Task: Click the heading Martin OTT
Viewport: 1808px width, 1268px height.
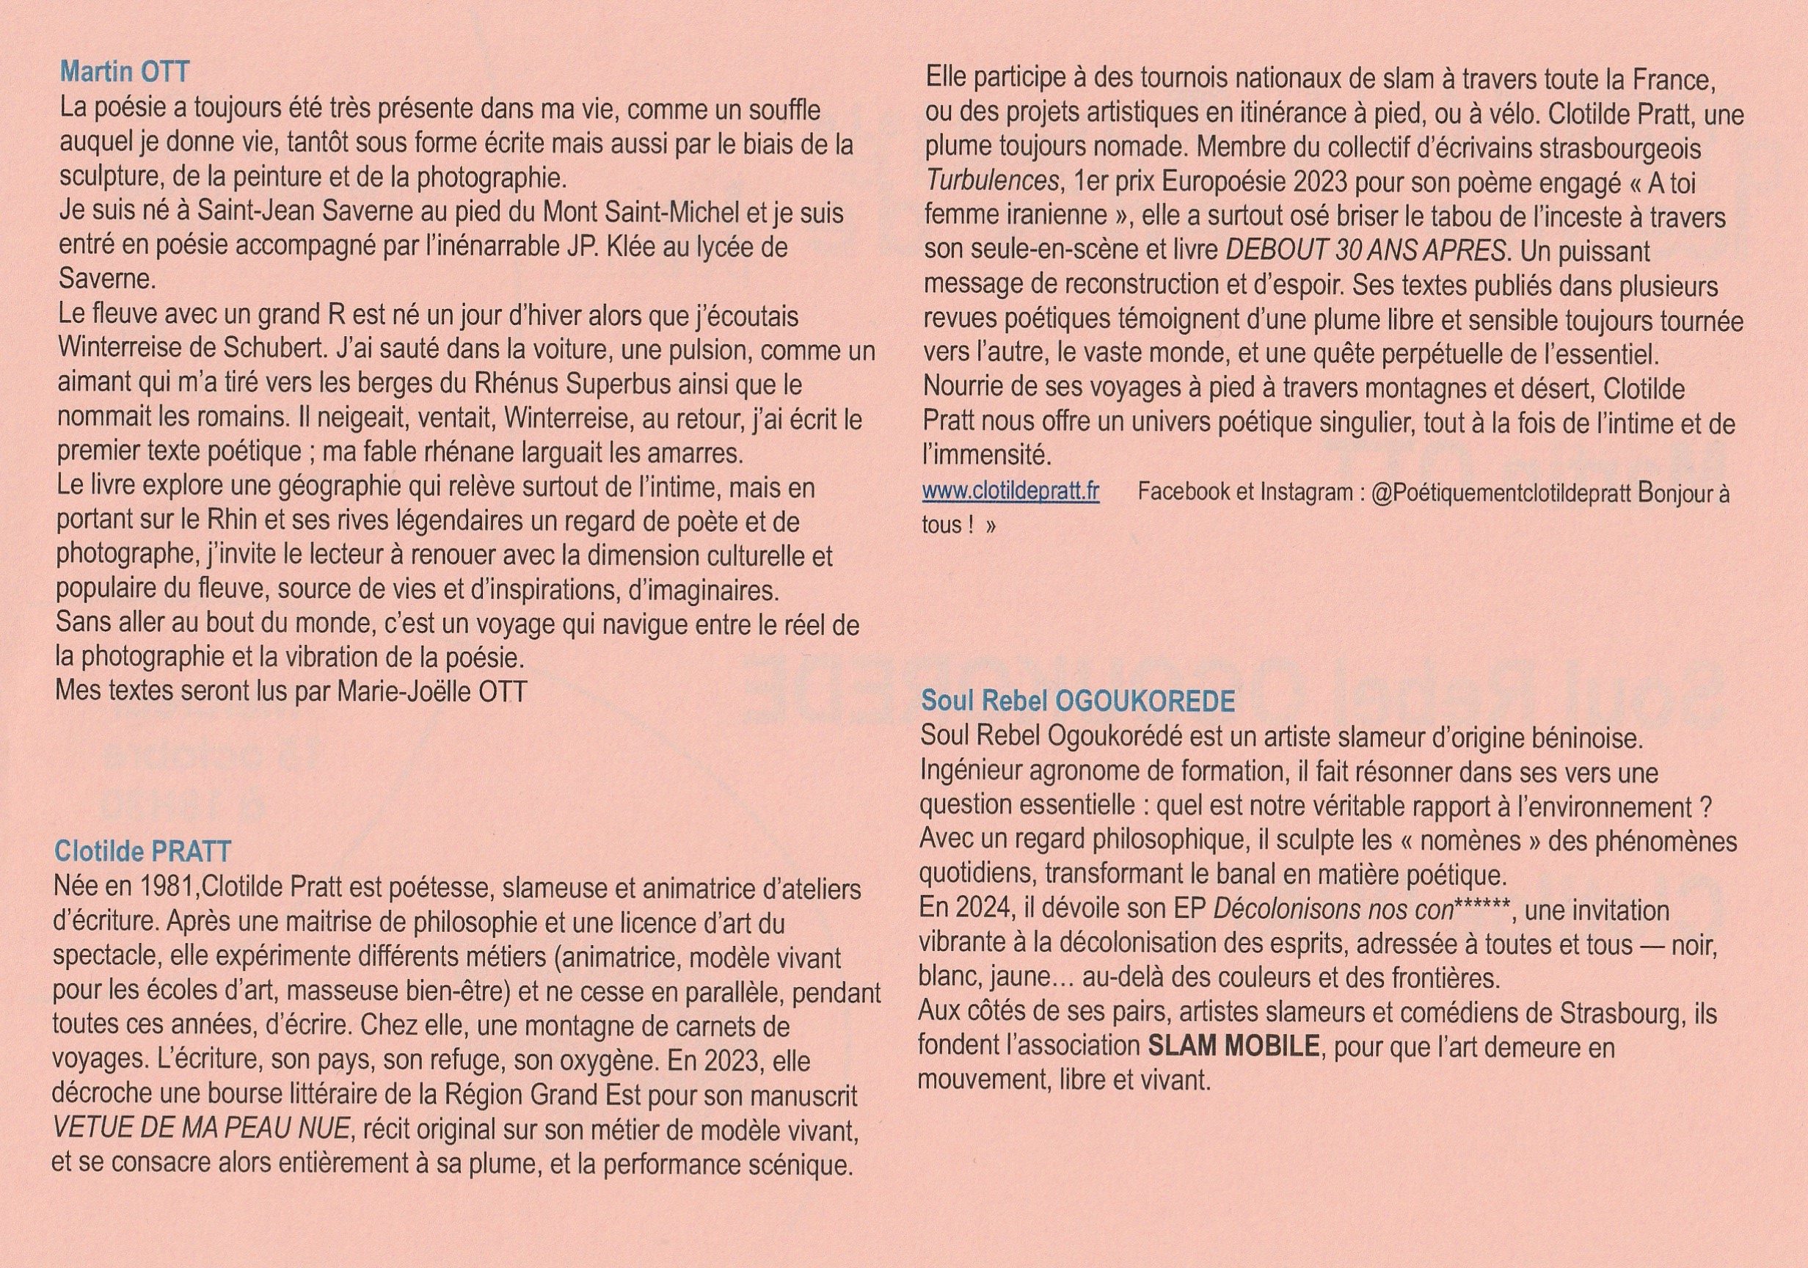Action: (x=125, y=73)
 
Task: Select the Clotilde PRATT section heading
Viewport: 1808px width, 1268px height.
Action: (x=142, y=851)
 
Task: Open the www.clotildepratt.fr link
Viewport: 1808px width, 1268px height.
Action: (x=1010, y=492)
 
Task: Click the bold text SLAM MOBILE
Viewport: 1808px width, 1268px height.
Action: (x=1234, y=1046)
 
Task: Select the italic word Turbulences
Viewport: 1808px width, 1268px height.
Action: (x=991, y=182)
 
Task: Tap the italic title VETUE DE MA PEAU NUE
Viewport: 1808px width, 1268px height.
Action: (x=201, y=1129)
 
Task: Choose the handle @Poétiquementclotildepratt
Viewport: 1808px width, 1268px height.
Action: (x=1500, y=493)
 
